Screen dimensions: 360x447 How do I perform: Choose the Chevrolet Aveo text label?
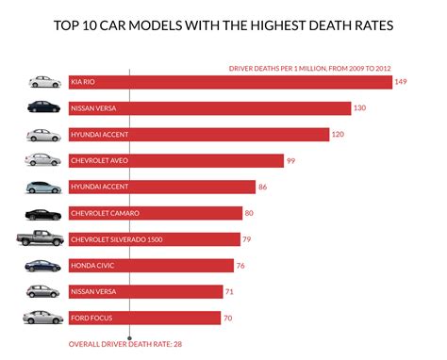pyautogui.click(x=101, y=161)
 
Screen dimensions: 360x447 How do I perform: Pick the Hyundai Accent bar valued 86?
pyautogui.click(x=161, y=188)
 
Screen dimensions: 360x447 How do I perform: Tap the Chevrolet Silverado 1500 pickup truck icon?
pyautogui.click(x=41, y=239)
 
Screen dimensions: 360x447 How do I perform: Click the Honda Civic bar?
pyautogui.click(x=151, y=266)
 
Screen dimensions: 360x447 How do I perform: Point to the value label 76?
pyautogui.click(x=241, y=266)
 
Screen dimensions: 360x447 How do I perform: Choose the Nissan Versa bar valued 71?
pyautogui.click(x=145, y=292)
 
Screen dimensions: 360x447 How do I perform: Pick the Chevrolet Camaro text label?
pyautogui.click(x=105, y=214)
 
